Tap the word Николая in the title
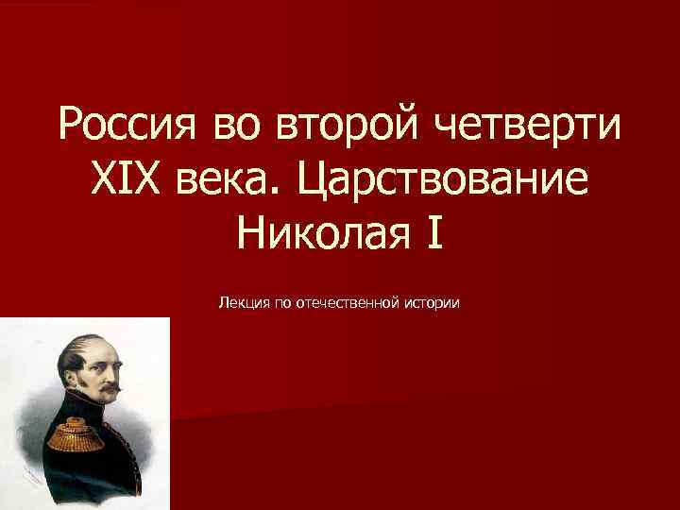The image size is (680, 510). pyautogui.click(x=314, y=231)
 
